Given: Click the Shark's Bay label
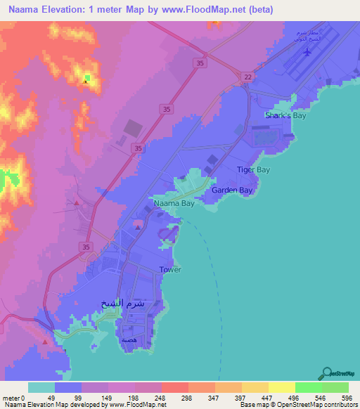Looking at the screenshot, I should pos(286,115).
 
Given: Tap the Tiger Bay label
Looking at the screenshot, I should pos(253,170).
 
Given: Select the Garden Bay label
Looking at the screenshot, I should pos(232,190).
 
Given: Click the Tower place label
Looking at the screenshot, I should pos(170,270).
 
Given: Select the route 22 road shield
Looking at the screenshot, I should pos(247,77).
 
